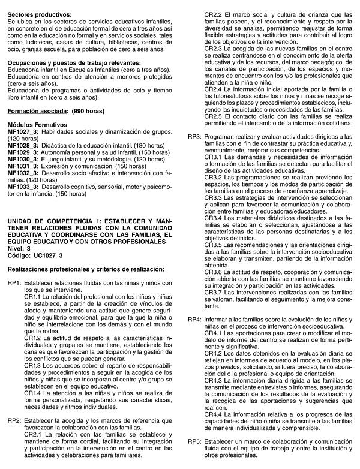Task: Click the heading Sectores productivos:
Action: (x=40, y=13)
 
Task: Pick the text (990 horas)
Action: (x=88, y=128)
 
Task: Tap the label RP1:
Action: (x=14, y=266)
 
